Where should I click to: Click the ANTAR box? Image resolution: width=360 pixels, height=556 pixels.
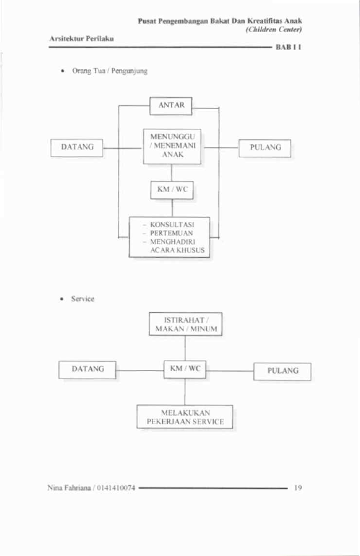point(171,106)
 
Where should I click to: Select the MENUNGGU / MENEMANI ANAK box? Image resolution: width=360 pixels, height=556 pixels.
point(172,146)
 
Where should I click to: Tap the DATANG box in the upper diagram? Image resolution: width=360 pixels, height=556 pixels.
point(76,148)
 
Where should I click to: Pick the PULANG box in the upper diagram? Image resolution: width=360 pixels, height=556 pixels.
point(265,148)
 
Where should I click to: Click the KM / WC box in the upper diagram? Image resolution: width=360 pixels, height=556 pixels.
point(172,190)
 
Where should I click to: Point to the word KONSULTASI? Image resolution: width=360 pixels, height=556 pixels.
point(172,225)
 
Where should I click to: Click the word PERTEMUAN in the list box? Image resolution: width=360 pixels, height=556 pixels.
point(171,233)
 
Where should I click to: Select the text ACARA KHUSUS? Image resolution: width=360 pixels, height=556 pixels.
point(178,250)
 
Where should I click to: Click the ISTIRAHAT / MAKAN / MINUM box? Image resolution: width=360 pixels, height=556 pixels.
point(185,324)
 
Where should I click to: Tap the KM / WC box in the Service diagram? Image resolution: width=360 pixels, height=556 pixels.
point(185,370)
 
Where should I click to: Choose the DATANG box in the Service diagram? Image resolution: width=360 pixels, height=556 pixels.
point(87,370)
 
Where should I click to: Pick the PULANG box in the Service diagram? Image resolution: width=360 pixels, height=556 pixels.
point(282,372)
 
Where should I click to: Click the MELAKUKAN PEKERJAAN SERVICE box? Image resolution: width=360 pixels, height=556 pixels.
point(185,417)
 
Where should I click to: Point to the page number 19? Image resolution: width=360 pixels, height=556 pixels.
point(298,487)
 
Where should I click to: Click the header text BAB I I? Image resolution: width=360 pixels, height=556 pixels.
point(289,47)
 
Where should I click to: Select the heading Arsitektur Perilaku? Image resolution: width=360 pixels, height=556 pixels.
point(82,38)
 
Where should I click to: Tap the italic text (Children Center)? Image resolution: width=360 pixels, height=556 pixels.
point(273,29)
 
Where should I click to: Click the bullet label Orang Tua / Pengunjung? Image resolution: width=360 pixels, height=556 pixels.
point(110,71)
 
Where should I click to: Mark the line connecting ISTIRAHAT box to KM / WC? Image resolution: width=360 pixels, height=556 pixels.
point(185,348)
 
